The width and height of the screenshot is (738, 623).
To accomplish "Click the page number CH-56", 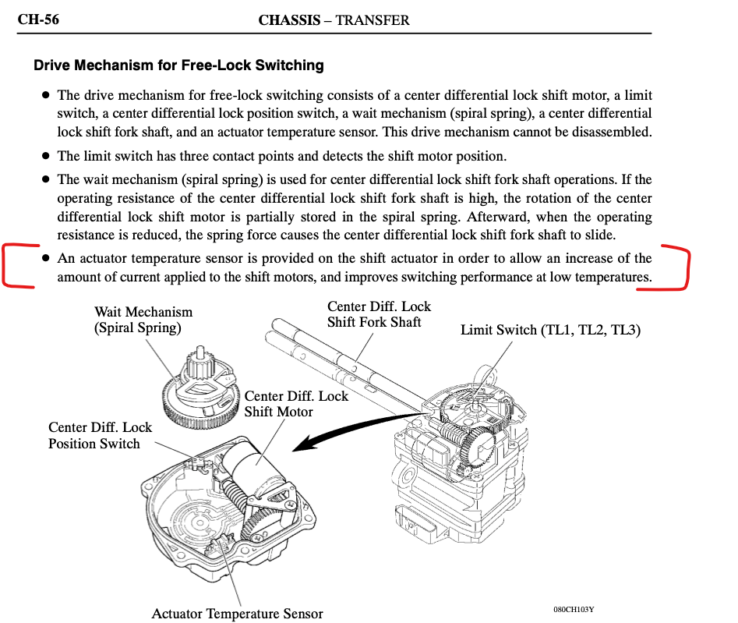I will [x=38, y=19].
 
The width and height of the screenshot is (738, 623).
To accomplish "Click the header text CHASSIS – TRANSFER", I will [x=334, y=20].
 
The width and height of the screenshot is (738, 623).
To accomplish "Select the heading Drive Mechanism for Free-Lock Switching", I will [x=178, y=65].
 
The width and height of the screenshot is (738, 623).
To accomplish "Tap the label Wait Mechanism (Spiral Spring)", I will [x=143, y=320].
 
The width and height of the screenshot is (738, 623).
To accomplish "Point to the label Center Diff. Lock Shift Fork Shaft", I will [x=379, y=314].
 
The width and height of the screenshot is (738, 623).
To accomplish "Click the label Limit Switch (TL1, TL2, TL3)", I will [x=550, y=330].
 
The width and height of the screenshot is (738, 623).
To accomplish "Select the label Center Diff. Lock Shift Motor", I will [x=296, y=404].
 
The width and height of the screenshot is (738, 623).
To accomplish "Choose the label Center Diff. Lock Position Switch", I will [x=100, y=435].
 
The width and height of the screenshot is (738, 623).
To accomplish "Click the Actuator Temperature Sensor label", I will [x=237, y=614].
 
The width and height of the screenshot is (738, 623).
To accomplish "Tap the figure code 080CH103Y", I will [x=579, y=609].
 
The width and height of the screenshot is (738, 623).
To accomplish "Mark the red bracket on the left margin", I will [x=13, y=266].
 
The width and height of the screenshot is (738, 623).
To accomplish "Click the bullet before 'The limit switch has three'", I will [x=46, y=155].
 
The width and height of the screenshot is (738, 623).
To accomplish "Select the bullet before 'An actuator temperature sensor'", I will [x=46, y=257].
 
